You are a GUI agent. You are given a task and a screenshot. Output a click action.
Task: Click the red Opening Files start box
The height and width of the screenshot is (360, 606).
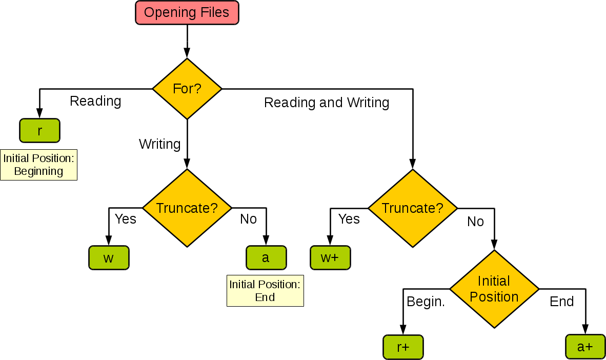[187, 13]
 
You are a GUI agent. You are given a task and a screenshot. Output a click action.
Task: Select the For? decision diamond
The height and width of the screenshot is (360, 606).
[187, 89]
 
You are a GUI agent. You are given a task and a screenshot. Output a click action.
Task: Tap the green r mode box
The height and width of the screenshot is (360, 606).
[39, 130]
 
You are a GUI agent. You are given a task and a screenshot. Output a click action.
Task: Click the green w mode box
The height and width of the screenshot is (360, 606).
[109, 257]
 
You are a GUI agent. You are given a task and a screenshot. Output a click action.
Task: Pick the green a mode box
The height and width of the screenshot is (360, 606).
[266, 257]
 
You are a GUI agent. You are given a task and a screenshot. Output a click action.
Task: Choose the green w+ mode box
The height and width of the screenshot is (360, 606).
[330, 257]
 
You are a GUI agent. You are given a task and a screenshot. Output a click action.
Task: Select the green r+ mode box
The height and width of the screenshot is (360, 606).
[403, 347]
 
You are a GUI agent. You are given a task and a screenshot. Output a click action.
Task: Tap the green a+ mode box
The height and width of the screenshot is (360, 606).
[585, 347]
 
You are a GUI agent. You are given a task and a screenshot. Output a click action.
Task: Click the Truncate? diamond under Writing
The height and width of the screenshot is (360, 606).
[187, 208]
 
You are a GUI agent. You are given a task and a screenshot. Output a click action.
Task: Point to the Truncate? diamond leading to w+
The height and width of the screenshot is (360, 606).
[413, 208]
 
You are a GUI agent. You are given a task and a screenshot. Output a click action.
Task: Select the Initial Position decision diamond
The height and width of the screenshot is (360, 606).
[494, 289]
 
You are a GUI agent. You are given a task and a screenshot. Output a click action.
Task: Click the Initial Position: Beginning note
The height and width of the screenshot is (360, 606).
[39, 165]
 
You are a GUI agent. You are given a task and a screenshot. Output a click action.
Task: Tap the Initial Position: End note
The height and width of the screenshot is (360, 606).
[265, 291]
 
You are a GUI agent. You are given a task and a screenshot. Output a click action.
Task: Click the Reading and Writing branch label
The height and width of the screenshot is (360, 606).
[327, 103]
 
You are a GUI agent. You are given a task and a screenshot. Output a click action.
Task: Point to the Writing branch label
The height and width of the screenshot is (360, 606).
[159, 144]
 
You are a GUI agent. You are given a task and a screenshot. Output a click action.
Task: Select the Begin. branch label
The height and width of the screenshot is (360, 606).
[426, 302]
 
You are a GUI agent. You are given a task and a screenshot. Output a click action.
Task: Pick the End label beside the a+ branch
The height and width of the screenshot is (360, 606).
[561, 302]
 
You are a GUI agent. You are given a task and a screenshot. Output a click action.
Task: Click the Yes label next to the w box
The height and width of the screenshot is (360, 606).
[125, 219]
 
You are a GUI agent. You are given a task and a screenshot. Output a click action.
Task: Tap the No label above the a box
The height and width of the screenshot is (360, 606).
[248, 219]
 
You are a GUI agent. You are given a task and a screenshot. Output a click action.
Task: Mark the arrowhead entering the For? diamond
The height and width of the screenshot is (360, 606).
[187, 53]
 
